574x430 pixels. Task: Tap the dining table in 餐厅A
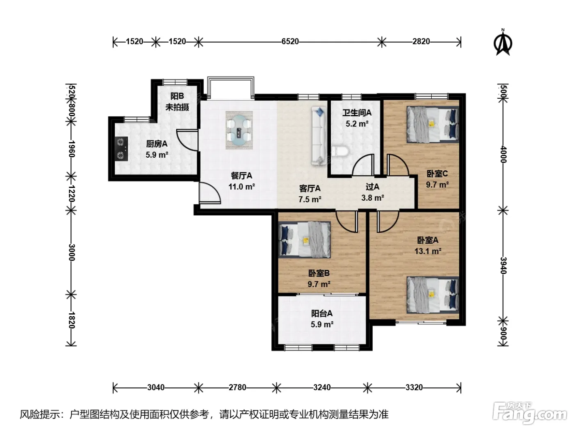[x=239, y=130]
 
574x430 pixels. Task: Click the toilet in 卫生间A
[x=340, y=152]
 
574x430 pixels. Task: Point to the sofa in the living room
[x=319, y=136]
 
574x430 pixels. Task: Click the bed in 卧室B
[x=305, y=240]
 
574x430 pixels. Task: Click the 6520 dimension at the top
[x=290, y=41]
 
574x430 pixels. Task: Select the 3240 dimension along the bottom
[x=322, y=387]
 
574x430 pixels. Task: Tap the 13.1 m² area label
[x=428, y=251]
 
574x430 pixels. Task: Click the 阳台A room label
[x=322, y=313]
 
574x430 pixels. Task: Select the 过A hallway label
[x=372, y=187]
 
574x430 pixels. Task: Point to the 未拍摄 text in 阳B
[x=177, y=107]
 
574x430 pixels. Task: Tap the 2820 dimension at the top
[x=421, y=41]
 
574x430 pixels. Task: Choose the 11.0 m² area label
[x=241, y=187]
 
